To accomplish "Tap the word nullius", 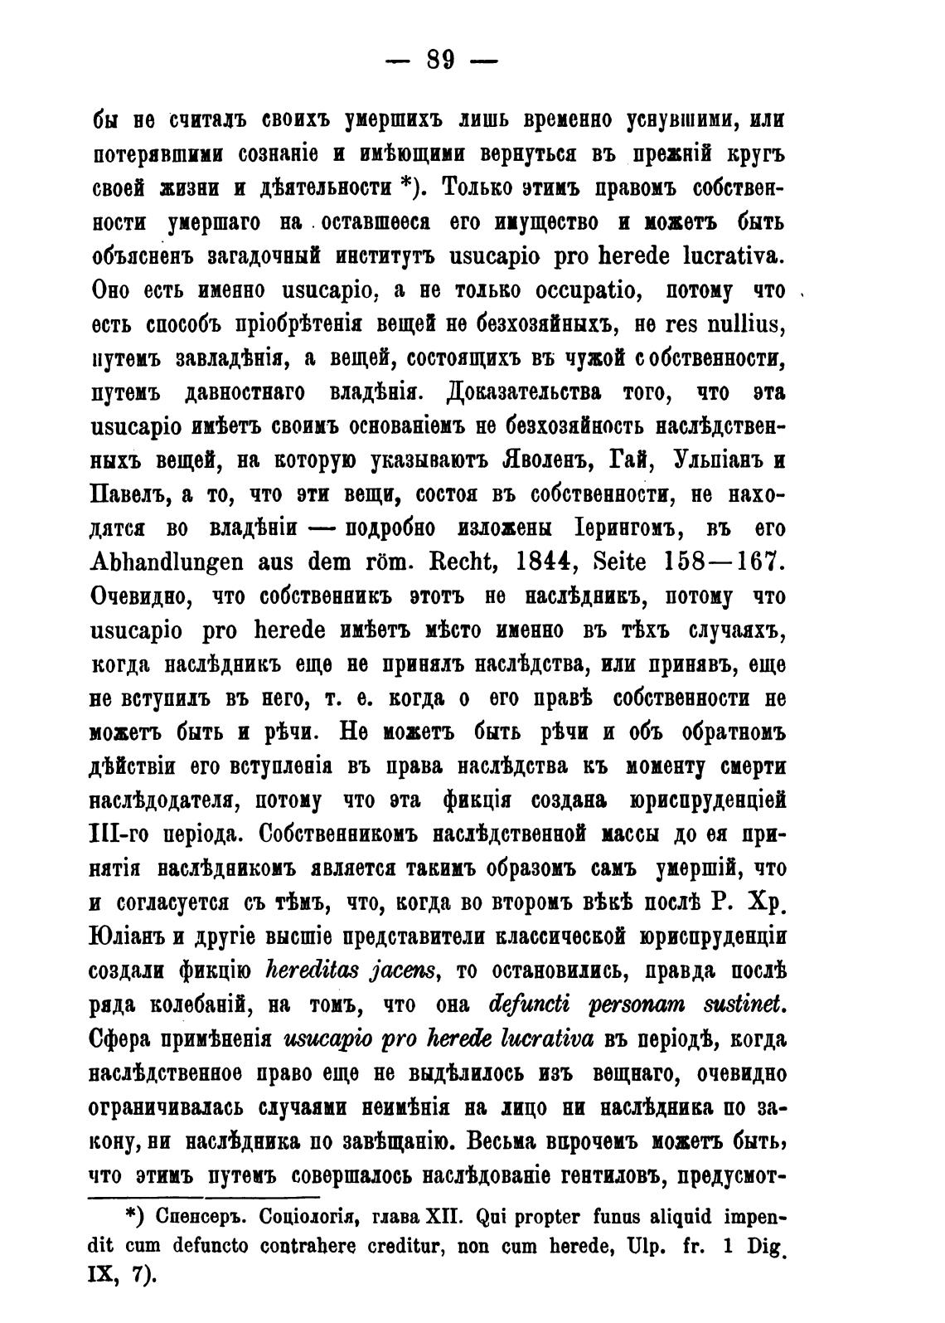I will pyautogui.click(x=747, y=325).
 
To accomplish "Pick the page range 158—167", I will pyautogui.click(x=726, y=562).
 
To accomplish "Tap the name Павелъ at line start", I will pyautogui.click(x=128, y=494).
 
